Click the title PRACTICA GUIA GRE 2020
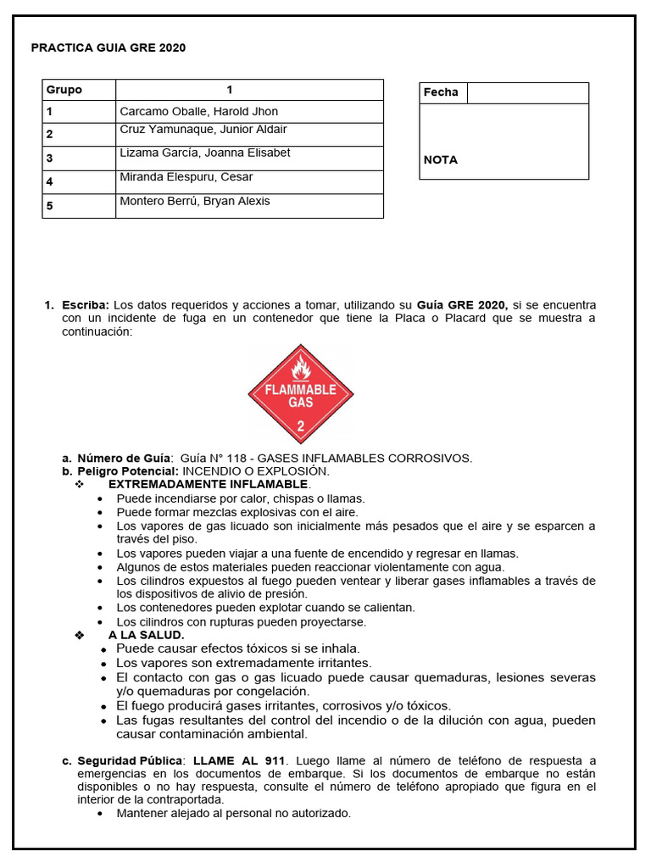click(x=108, y=48)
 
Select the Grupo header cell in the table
click(x=64, y=90)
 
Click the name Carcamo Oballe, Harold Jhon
click(x=198, y=112)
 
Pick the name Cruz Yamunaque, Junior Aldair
click(x=203, y=130)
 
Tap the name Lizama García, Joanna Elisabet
click(x=205, y=153)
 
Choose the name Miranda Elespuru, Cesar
click(x=186, y=177)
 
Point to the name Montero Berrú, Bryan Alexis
click(x=195, y=201)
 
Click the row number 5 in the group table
click(x=50, y=206)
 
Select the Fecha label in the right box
click(x=441, y=92)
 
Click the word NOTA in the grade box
click(x=441, y=159)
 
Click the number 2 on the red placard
click(x=301, y=426)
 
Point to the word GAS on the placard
click(x=301, y=403)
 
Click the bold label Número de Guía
click(x=125, y=459)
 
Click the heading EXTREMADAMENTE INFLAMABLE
click(x=209, y=484)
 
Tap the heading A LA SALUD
click(x=146, y=635)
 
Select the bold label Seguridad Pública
click(x=131, y=760)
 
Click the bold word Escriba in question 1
click(x=86, y=305)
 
